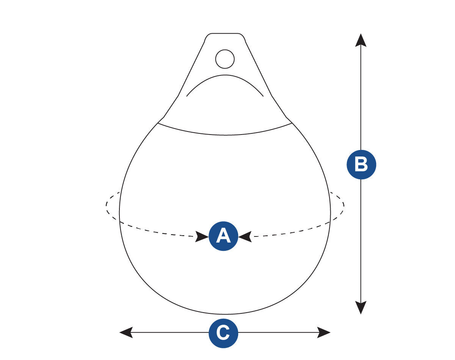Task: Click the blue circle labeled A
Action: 223,236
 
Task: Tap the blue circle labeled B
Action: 361,164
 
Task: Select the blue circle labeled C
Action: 223,333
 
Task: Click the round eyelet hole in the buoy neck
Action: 225,59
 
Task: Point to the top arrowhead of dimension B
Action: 361,40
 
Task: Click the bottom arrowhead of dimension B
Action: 361,308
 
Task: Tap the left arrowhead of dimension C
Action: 126,332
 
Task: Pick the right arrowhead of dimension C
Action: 324,332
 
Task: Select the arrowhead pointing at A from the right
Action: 245,236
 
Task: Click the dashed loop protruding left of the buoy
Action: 113,207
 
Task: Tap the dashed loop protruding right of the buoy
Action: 337,207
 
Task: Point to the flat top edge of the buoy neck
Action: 225,33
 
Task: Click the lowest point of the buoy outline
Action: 225,314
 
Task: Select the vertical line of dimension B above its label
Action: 361,98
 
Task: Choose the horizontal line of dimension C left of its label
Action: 171,332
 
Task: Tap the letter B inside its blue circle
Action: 361,165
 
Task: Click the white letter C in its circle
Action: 223,333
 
